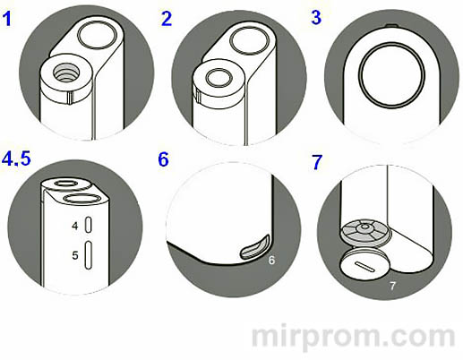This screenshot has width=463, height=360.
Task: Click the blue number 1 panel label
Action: point(7,19)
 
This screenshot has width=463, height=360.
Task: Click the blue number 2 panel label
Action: point(167,19)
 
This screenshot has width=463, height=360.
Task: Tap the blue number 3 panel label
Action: point(316,17)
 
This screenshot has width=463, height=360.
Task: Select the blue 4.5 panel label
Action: point(16,158)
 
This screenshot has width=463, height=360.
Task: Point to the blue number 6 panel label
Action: point(163,159)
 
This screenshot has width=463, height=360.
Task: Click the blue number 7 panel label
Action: point(317,162)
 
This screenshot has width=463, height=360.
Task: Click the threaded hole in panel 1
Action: point(66,73)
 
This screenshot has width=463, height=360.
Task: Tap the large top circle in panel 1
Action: point(97,35)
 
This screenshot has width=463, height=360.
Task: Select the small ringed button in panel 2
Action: point(219,77)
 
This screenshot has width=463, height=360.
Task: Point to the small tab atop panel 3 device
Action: point(392,26)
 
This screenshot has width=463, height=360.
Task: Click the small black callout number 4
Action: point(75,226)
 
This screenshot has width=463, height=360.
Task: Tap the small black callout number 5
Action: point(75,255)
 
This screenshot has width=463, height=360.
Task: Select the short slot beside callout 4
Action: point(89,225)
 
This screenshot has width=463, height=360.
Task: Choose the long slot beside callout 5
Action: point(89,255)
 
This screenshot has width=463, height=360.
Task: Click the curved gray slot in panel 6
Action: point(255,247)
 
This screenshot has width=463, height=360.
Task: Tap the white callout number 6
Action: point(271,261)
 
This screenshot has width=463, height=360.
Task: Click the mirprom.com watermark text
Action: point(354,338)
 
